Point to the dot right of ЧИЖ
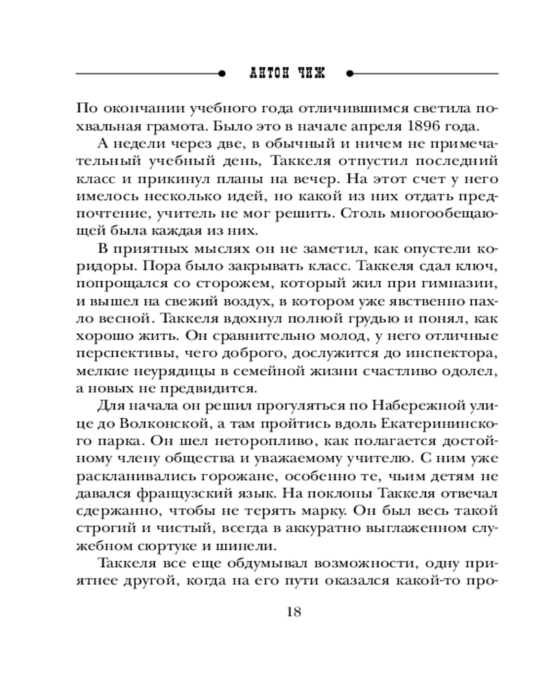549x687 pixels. tap(350, 73)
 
